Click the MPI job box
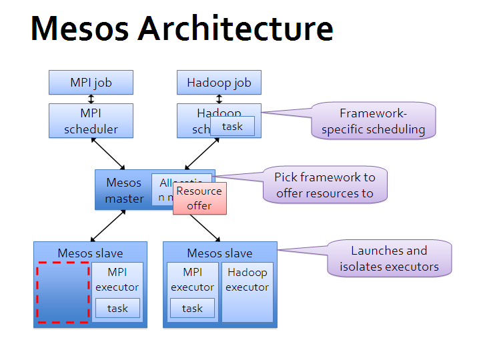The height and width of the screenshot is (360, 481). (x=91, y=83)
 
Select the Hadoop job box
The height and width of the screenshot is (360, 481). (x=219, y=83)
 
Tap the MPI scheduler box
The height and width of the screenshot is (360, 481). (x=91, y=121)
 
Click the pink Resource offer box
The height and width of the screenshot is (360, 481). (x=199, y=199)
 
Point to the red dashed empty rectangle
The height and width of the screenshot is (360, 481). (x=62, y=292)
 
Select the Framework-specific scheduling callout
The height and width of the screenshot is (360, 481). (x=373, y=121)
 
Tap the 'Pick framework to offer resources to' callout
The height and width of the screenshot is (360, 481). (x=325, y=185)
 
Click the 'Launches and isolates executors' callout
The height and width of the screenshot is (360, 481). (x=389, y=259)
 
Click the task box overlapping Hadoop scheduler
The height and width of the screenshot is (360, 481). (x=232, y=127)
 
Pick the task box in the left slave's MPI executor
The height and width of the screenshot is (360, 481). (x=117, y=308)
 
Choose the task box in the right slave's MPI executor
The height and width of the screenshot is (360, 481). (x=192, y=308)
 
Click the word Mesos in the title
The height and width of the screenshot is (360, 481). (x=79, y=29)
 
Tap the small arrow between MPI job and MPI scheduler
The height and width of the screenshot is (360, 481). (x=91, y=99)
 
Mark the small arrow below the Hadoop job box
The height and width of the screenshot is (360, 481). (x=219, y=99)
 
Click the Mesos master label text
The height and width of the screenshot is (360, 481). (x=124, y=190)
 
